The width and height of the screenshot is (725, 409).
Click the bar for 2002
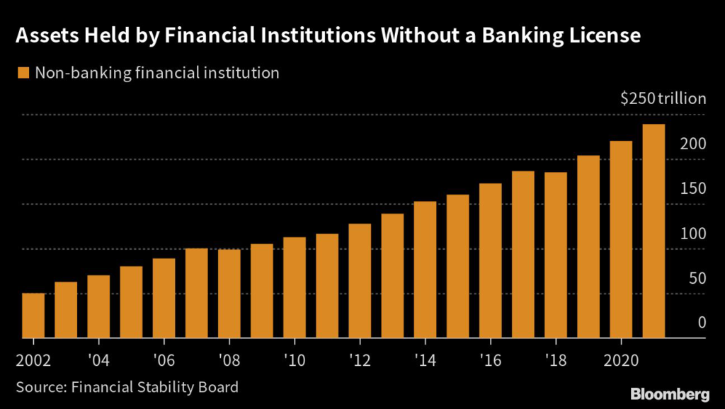[x=33, y=316]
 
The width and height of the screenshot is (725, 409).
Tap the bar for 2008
[x=229, y=294]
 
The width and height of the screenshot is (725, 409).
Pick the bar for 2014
[x=425, y=270]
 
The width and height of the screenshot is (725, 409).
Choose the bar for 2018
[x=555, y=255]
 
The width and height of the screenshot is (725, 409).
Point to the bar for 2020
[x=620, y=240]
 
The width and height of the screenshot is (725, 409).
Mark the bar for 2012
[x=360, y=281]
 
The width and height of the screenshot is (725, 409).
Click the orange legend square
[x=23, y=72]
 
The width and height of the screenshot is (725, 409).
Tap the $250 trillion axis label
[x=663, y=98]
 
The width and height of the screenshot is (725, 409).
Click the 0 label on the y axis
[x=702, y=323]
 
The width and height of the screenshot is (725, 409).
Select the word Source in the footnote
[x=39, y=387]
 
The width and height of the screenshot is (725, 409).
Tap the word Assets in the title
[x=46, y=36]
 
